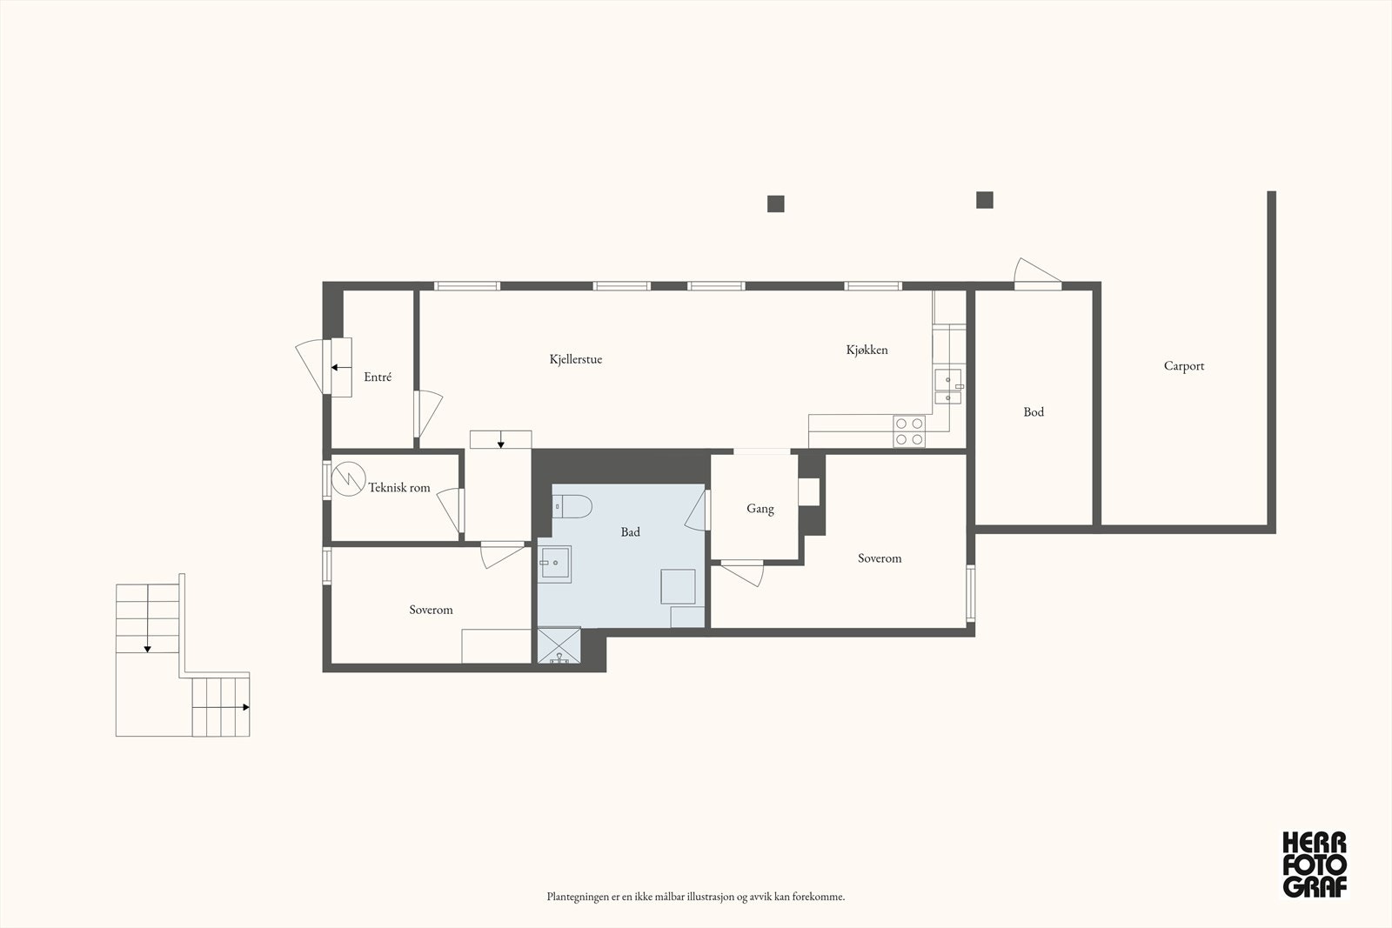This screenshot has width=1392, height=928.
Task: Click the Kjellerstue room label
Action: click(x=575, y=360)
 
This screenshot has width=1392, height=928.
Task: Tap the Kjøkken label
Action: click(x=867, y=351)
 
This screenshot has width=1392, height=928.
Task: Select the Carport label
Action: click(x=1184, y=366)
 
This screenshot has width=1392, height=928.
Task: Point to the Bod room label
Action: click(x=1034, y=412)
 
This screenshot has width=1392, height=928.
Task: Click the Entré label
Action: click(x=378, y=377)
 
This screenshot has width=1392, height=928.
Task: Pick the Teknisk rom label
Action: click(x=399, y=488)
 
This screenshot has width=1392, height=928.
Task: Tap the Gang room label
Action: click(x=760, y=509)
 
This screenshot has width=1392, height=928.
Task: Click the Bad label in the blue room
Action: click(x=630, y=531)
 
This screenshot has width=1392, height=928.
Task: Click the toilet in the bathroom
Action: click(x=572, y=506)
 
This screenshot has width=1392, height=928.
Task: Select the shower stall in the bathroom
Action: click(x=559, y=645)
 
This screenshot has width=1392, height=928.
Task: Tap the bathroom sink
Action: click(x=554, y=564)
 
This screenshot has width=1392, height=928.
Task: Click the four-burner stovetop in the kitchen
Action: click(x=909, y=431)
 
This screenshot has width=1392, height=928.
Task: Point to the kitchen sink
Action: click(x=948, y=386)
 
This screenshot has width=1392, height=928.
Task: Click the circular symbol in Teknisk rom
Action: click(x=348, y=478)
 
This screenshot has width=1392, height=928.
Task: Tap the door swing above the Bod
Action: click(x=1037, y=273)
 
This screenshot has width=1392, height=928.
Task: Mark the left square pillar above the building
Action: click(x=775, y=204)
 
